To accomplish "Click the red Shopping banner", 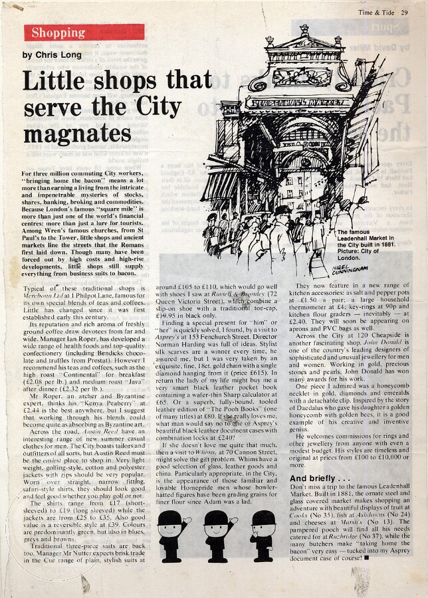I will [84, 33].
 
